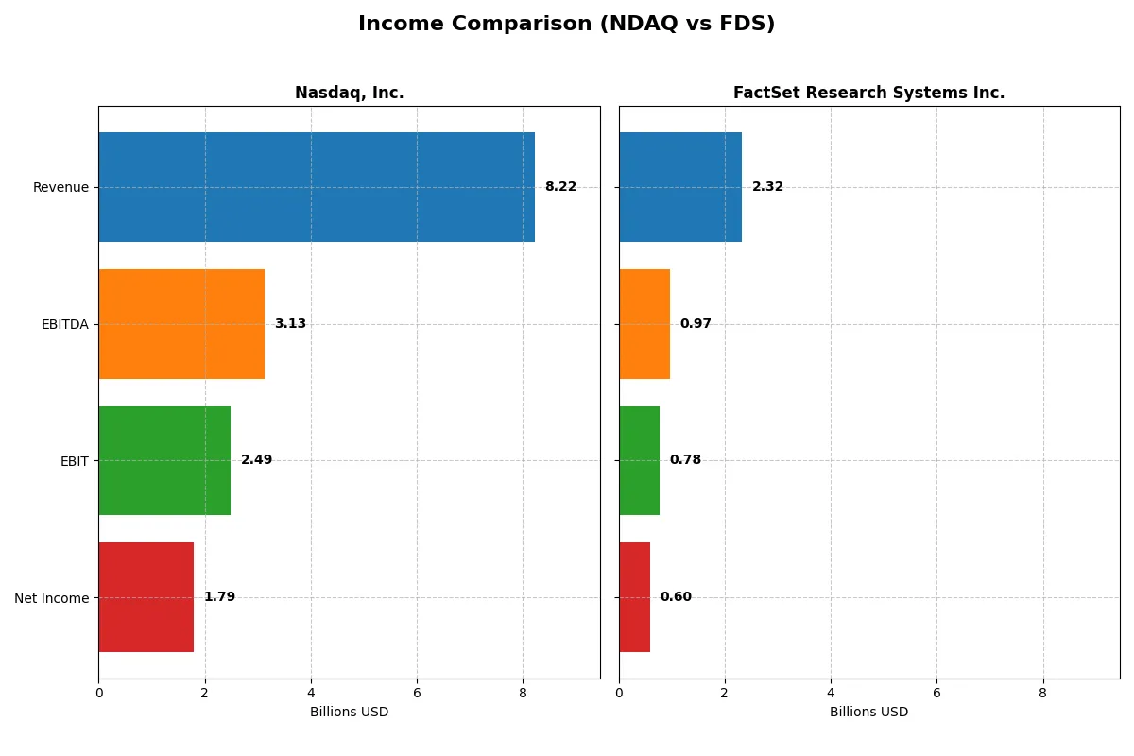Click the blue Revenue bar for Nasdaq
point(317,187)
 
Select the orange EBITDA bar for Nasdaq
point(181,324)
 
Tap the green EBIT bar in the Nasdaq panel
point(164,460)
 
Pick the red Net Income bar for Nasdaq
point(146,597)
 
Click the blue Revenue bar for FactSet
point(680,187)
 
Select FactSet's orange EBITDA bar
point(644,324)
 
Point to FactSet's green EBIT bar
point(640,460)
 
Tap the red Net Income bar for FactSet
point(635,597)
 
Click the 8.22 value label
point(560,187)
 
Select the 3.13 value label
point(290,324)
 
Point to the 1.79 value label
point(219,597)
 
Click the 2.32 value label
point(767,187)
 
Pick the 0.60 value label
point(676,597)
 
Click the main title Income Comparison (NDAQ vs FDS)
point(566,25)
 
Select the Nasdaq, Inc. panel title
point(349,93)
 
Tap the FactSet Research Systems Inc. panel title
point(868,93)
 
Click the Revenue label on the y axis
point(60,187)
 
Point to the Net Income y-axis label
point(52,598)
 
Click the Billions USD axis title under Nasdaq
point(349,712)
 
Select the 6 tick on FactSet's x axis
point(936,693)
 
